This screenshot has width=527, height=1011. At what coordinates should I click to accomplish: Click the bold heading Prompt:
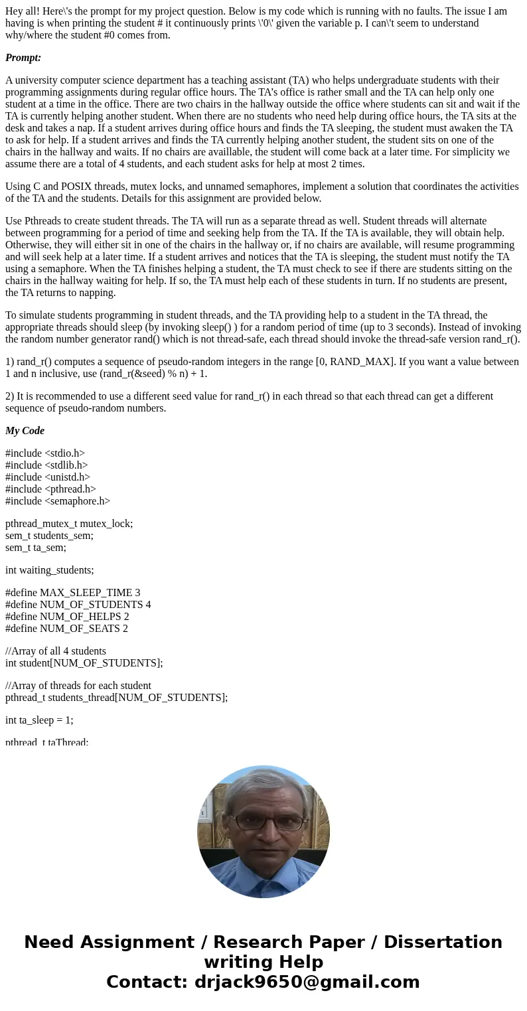click(x=23, y=58)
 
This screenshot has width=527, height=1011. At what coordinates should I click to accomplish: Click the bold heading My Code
click(x=25, y=431)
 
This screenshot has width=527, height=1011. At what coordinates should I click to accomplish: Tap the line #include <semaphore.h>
click(x=58, y=501)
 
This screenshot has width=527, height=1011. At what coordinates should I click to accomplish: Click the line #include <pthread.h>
click(x=50, y=489)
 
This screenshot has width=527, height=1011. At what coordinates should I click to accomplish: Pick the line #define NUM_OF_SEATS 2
click(x=66, y=629)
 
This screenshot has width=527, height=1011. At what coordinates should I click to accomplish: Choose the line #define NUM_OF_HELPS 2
click(x=67, y=617)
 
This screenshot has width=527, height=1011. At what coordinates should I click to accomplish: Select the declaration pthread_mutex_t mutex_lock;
click(x=69, y=524)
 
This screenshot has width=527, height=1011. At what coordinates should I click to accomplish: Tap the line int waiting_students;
click(x=50, y=570)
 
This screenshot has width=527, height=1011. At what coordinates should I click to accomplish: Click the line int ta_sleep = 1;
click(x=39, y=720)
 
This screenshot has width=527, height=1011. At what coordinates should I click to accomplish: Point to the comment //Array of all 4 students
click(x=56, y=651)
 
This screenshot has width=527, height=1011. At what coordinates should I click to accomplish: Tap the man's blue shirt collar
click(x=263, y=880)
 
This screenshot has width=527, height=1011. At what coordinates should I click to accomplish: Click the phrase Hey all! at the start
click(x=25, y=11)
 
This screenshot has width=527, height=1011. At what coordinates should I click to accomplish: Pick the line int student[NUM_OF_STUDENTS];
click(x=84, y=663)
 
